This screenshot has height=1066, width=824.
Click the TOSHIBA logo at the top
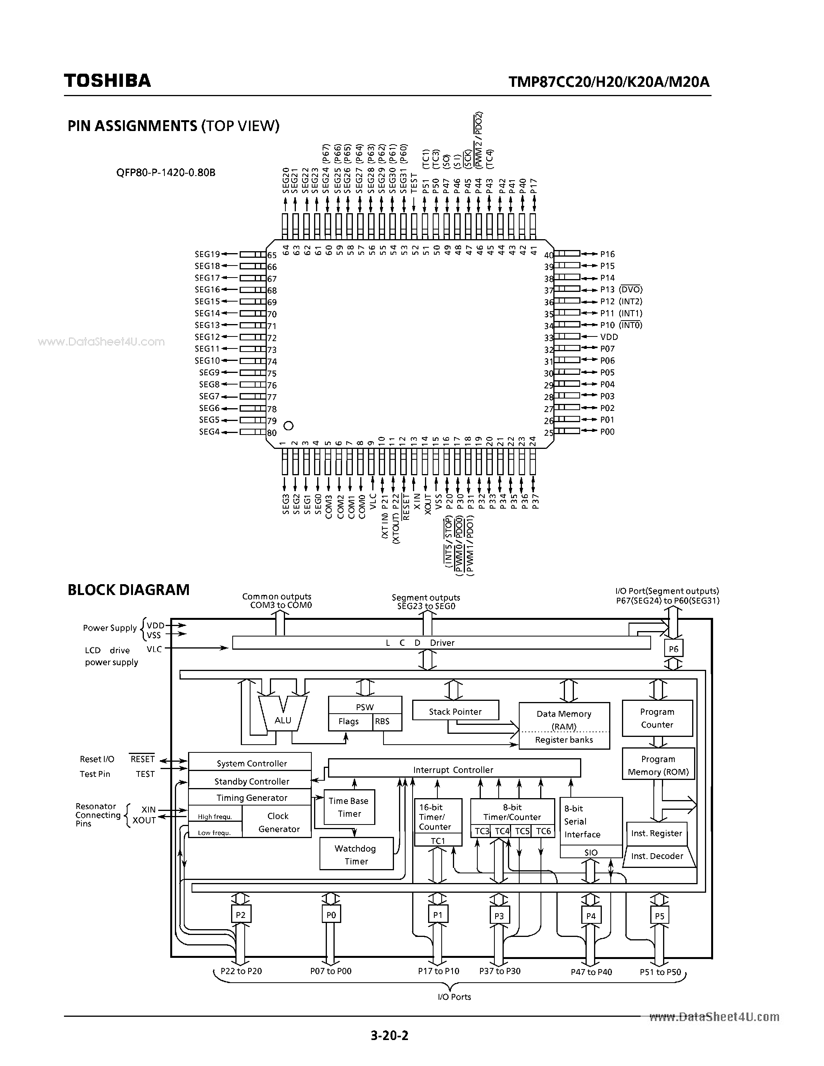107,81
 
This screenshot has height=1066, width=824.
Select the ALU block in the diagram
283,720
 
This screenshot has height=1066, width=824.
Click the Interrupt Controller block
454,770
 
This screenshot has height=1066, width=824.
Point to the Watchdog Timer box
356,855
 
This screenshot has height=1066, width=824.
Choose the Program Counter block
657,718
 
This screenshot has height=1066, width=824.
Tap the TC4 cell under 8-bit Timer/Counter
501,831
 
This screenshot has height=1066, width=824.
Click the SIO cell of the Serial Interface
591,852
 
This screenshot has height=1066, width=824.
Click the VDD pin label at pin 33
609,337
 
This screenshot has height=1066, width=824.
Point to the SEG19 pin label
207,254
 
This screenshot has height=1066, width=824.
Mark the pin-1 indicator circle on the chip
288,426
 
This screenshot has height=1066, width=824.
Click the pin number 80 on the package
272,433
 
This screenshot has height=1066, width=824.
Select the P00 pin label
607,431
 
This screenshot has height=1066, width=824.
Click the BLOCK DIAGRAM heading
128,590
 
